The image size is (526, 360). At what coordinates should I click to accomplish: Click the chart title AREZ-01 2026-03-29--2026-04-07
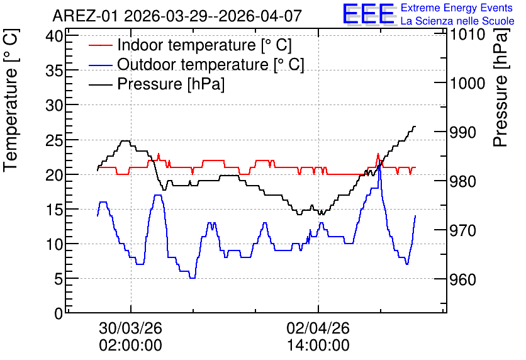point(177,16)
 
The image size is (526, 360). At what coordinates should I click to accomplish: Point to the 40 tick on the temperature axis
point(54,36)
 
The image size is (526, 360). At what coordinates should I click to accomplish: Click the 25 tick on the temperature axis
point(54,140)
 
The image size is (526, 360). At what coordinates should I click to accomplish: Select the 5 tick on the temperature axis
point(59,278)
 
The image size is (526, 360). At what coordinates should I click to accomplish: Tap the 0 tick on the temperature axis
point(59,313)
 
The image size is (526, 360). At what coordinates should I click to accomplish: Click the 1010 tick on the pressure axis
point(467,34)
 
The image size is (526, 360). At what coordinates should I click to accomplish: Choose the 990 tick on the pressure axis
point(462,132)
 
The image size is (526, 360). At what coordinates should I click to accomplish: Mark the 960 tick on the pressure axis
point(462,279)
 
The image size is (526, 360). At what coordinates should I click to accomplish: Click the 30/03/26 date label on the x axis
point(130,328)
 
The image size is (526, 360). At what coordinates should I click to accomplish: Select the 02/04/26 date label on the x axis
point(318,328)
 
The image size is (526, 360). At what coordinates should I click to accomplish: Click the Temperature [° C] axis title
point(11,101)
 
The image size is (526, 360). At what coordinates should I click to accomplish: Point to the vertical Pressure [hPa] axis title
point(501,87)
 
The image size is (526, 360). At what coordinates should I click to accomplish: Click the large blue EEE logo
point(368,14)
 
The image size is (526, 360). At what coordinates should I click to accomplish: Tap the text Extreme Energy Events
point(457,8)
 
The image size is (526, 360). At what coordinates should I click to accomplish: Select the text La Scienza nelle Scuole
point(457,21)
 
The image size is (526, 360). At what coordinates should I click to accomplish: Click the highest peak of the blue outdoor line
point(379,160)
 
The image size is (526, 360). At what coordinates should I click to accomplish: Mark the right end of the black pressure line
point(415,127)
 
